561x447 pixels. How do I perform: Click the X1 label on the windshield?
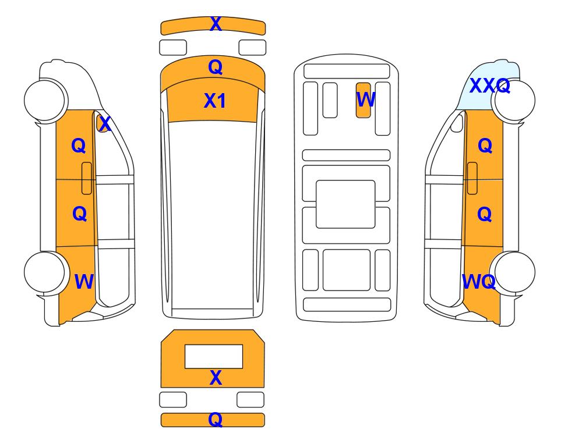point(214,101)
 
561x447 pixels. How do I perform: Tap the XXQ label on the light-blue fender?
point(489,86)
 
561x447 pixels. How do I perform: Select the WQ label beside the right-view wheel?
point(479,282)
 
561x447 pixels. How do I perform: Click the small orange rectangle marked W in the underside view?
point(363,100)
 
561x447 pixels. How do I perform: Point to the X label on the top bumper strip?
point(216,24)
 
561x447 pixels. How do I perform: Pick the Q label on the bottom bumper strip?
point(216,419)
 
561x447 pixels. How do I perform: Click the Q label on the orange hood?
point(216,67)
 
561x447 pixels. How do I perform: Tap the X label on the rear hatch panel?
point(216,378)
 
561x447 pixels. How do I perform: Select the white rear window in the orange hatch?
point(214,357)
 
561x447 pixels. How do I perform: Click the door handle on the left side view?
point(87,178)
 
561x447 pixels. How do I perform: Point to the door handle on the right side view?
point(472,178)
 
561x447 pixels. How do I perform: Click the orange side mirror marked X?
point(103,123)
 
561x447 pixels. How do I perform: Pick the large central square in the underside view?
point(345,204)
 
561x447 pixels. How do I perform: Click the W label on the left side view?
point(84,282)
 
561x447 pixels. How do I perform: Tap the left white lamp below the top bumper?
point(173,48)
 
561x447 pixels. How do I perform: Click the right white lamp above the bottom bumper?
point(250,399)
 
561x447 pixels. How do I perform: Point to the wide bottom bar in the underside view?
point(347,304)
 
